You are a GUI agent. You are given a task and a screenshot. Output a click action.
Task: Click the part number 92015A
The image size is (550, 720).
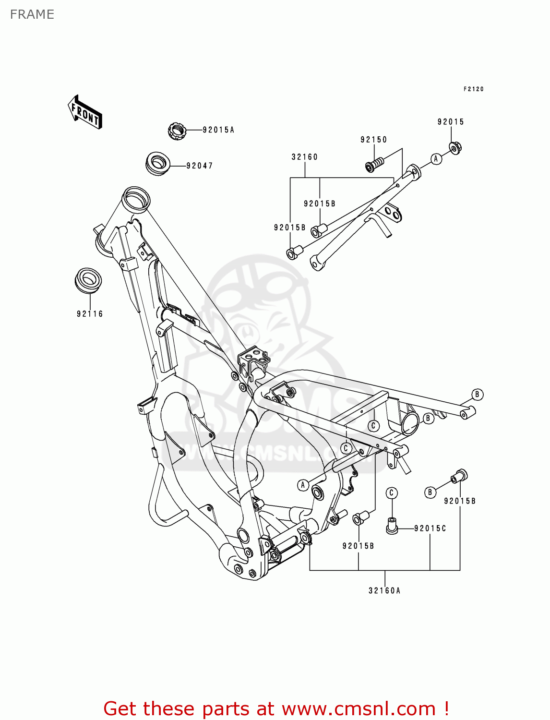pyautogui.click(x=218, y=130)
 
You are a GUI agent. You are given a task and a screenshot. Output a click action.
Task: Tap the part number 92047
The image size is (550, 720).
pyautogui.click(x=199, y=166)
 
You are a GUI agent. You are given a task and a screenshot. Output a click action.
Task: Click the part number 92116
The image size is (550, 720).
pyautogui.click(x=90, y=314)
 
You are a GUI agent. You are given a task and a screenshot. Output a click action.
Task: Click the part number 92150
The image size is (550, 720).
pyautogui.click(x=373, y=140)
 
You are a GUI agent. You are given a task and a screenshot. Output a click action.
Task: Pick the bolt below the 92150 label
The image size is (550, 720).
pyautogui.click(x=374, y=165)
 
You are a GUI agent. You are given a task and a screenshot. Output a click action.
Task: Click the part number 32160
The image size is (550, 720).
pyautogui.click(x=304, y=157)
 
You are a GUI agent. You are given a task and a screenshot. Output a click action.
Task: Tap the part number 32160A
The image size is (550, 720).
pyautogui.click(x=384, y=591)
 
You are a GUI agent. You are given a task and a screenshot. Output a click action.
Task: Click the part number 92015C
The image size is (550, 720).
pyautogui.click(x=430, y=528)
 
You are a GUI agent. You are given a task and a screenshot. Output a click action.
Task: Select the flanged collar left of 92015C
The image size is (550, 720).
pyautogui.click(x=392, y=526)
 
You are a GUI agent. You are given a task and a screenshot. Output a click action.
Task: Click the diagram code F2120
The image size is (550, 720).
pyautogui.click(x=473, y=89)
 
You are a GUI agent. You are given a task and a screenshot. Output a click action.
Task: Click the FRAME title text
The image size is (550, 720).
pyautogui.click(x=32, y=14)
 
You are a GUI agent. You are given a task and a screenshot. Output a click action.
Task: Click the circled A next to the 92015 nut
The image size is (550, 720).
pyautogui.click(x=436, y=159)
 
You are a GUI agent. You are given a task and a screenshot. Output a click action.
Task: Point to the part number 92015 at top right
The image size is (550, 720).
pyautogui.click(x=451, y=122)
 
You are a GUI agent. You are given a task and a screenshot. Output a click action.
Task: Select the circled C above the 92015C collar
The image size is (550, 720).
pyautogui.click(x=392, y=493)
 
